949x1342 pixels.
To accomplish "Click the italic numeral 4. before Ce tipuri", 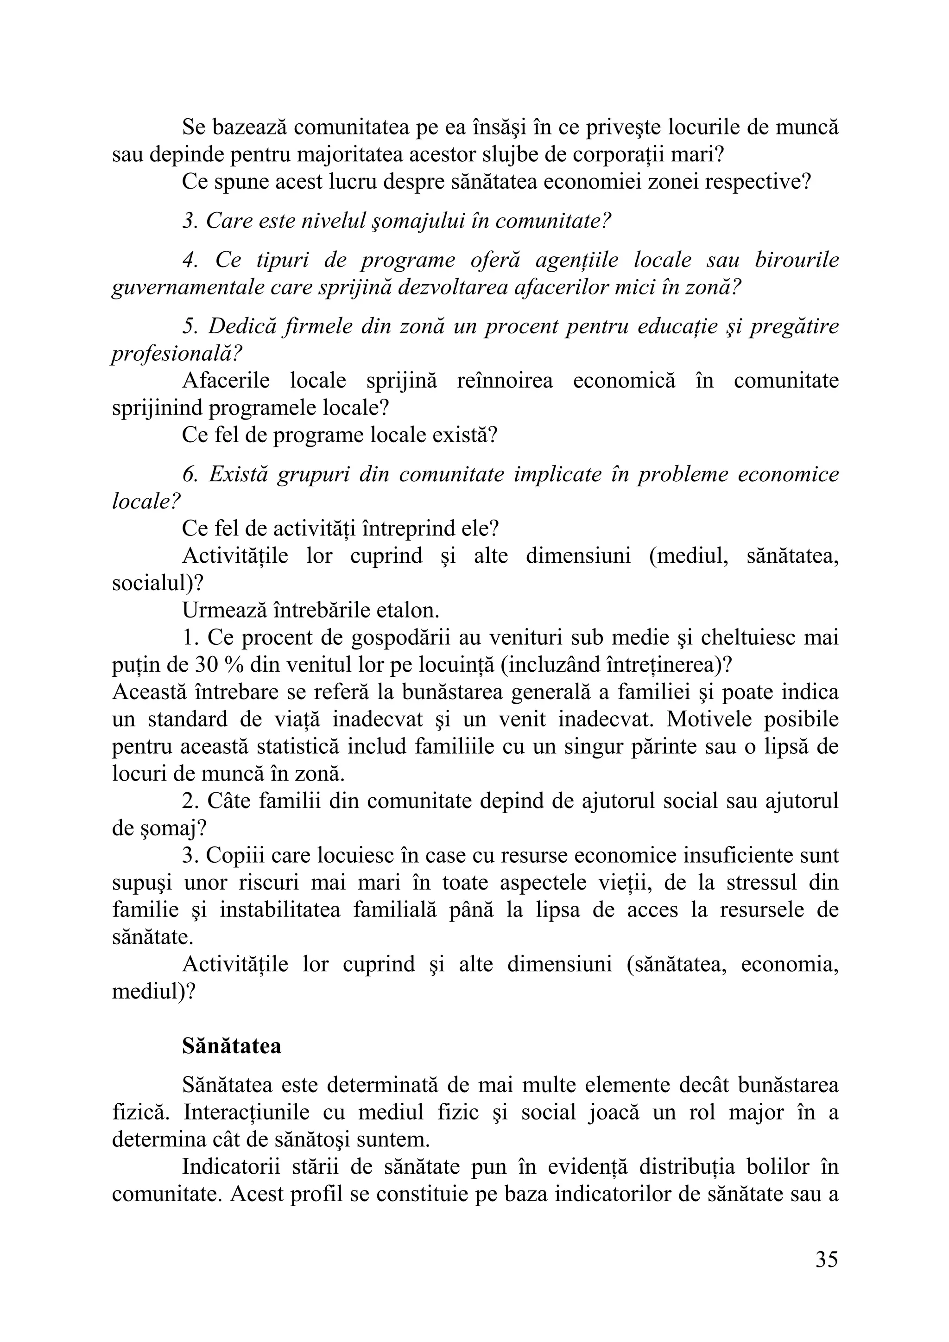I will [189, 261].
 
